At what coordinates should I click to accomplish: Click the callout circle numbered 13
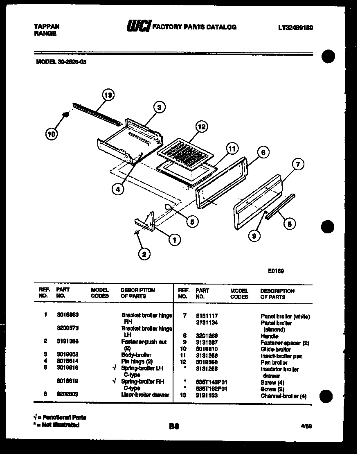click(x=108, y=96)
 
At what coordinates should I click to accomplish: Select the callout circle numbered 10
click(x=51, y=133)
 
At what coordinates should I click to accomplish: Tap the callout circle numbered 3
click(x=160, y=108)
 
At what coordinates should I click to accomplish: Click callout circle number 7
click(x=297, y=165)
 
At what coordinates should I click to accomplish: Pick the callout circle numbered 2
click(x=143, y=254)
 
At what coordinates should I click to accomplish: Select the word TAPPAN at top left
click(x=46, y=27)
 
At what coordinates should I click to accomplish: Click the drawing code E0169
click(x=276, y=271)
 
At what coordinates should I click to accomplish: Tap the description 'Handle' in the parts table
click(x=269, y=336)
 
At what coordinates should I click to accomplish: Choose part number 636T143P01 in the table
click(x=211, y=382)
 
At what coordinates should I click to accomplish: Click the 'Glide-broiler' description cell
click(x=275, y=349)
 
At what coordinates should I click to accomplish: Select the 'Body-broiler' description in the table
click(x=136, y=355)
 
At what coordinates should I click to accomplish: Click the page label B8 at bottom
click(x=174, y=426)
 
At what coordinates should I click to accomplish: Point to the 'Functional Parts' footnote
click(x=60, y=417)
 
